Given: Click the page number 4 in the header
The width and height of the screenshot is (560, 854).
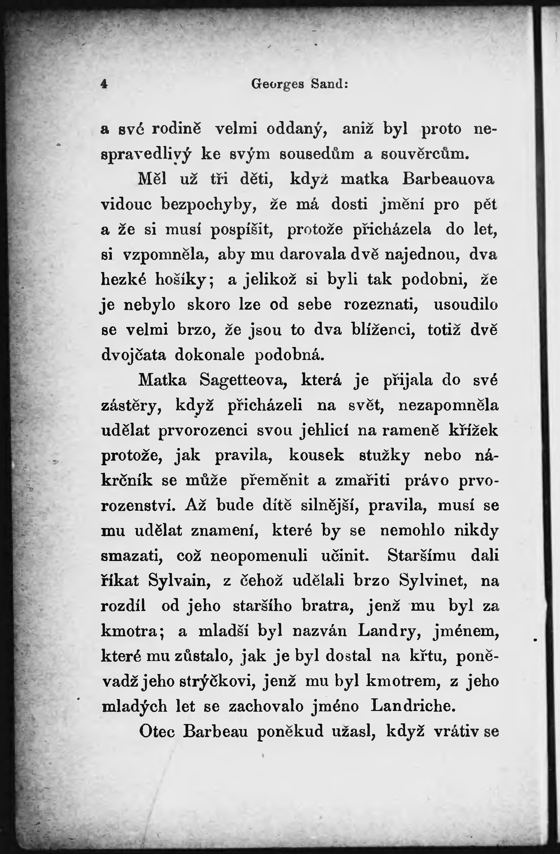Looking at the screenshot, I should tap(104, 84).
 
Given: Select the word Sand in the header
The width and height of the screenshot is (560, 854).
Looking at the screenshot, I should tap(329, 84).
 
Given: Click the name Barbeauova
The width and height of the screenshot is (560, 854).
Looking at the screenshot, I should tap(448, 179).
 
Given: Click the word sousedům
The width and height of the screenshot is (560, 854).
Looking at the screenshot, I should tap(316, 154).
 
